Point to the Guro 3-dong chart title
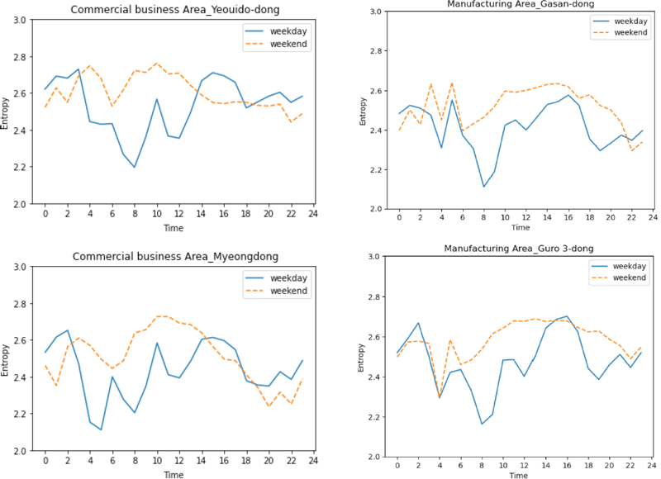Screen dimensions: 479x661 518,248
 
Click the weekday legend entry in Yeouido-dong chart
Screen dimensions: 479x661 287,29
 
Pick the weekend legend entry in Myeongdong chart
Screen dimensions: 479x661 287,291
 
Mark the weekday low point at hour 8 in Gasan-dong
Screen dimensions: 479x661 483,187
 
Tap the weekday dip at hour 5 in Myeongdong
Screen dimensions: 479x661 101,429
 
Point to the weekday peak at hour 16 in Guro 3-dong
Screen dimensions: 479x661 566,316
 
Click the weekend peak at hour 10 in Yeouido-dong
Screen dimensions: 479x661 157,63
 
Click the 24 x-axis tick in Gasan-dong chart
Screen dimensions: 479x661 652,218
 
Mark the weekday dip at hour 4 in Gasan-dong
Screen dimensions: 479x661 442,147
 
